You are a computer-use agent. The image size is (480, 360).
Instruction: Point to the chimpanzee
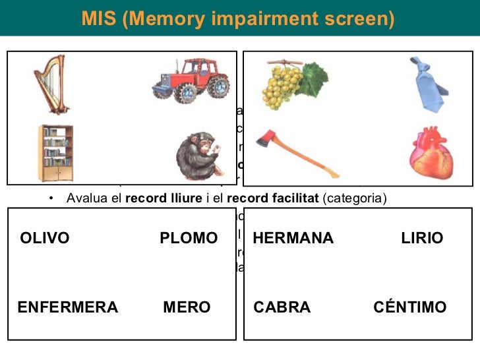(x=197, y=154)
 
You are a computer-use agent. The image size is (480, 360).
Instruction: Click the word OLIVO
(x=45, y=238)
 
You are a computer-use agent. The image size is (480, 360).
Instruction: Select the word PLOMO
(x=189, y=238)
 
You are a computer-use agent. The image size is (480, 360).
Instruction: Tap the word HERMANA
(x=293, y=238)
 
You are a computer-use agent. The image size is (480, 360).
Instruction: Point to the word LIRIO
(x=422, y=238)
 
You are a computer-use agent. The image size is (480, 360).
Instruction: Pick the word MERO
(x=187, y=307)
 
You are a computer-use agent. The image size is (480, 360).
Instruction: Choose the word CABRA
(x=282, y=307)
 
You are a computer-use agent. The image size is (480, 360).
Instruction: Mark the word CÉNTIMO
(x=409, y=307)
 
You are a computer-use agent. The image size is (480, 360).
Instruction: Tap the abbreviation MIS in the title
(x=99, y=19)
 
